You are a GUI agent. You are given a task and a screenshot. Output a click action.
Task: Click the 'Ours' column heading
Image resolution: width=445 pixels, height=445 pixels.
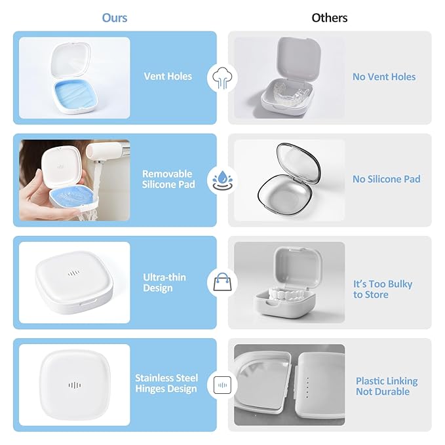point(115,18)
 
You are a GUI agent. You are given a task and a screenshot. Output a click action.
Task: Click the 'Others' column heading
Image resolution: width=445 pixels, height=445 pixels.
point(330,18)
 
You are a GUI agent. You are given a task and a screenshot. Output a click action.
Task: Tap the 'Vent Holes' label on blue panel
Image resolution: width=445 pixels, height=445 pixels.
point(168,76)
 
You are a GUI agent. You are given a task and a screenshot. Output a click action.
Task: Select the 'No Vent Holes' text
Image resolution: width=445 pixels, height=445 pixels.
point(384,77)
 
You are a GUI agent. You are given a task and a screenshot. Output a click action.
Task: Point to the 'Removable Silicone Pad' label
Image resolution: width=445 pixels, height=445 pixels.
point(168,179)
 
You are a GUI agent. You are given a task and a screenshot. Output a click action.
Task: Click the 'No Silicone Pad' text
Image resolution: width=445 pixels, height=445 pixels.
point(387,179)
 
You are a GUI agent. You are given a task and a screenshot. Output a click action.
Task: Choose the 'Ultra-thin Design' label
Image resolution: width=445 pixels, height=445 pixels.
point(164,282)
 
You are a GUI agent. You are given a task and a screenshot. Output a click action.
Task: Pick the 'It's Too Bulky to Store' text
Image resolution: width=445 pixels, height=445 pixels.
point(383,289)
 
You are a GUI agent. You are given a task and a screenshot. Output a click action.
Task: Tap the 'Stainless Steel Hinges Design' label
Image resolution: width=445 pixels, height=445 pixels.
point(166,383)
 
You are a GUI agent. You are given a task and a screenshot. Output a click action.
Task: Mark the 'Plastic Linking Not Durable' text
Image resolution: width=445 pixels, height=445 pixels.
point(387,386)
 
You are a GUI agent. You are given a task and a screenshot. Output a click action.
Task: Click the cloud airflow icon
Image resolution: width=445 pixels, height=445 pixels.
point(223,78)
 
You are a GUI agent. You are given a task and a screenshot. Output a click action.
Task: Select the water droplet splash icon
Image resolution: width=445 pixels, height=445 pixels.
point(223,180)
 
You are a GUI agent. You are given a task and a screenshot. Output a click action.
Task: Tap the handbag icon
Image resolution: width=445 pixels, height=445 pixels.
point(223,282)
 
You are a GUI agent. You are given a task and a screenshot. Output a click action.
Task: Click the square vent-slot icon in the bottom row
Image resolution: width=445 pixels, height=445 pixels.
point(223,385)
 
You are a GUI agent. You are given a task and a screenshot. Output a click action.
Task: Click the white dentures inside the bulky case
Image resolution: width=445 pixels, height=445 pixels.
point(287,296)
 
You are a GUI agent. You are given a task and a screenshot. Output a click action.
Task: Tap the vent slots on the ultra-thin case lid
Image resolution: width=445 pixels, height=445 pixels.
point(73,273)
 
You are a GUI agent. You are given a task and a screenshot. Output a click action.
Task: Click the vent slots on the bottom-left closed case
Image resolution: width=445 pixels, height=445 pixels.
point(75,385)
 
